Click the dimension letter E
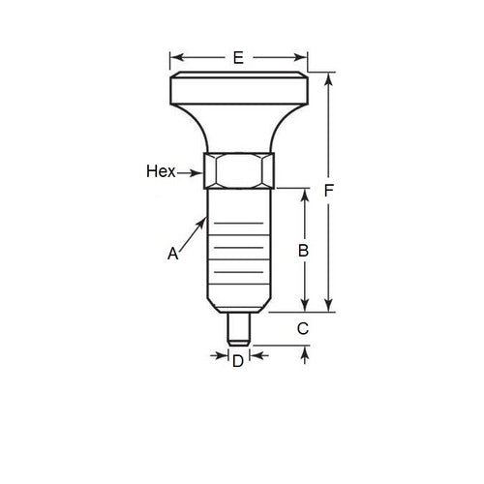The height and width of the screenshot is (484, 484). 238,58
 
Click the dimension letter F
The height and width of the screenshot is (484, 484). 329,192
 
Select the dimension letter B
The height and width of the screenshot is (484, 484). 303,250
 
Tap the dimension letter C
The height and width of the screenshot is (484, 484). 303,329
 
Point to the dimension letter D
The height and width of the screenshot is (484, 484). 238,362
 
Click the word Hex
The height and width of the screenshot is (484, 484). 160,171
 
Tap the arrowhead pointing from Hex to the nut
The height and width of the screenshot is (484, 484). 201,172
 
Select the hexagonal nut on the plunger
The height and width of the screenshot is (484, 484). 239,171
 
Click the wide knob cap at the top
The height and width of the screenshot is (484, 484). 239,92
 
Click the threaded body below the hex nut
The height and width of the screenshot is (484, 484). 238,252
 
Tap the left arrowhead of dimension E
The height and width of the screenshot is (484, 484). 175,58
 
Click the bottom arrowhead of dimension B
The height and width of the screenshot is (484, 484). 306,306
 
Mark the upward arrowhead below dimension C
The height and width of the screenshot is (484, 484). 306,351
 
